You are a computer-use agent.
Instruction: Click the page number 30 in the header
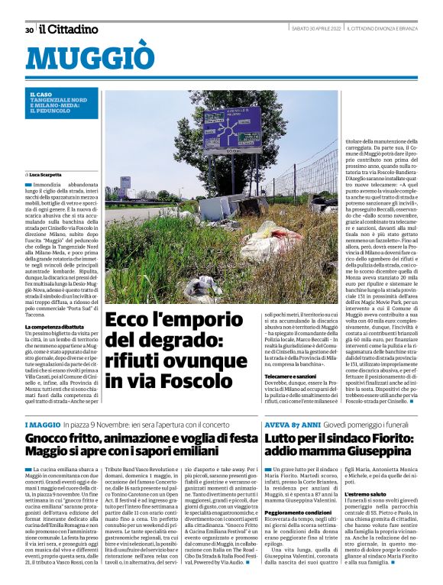(28, 30)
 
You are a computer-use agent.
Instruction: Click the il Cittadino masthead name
(69, 30)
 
